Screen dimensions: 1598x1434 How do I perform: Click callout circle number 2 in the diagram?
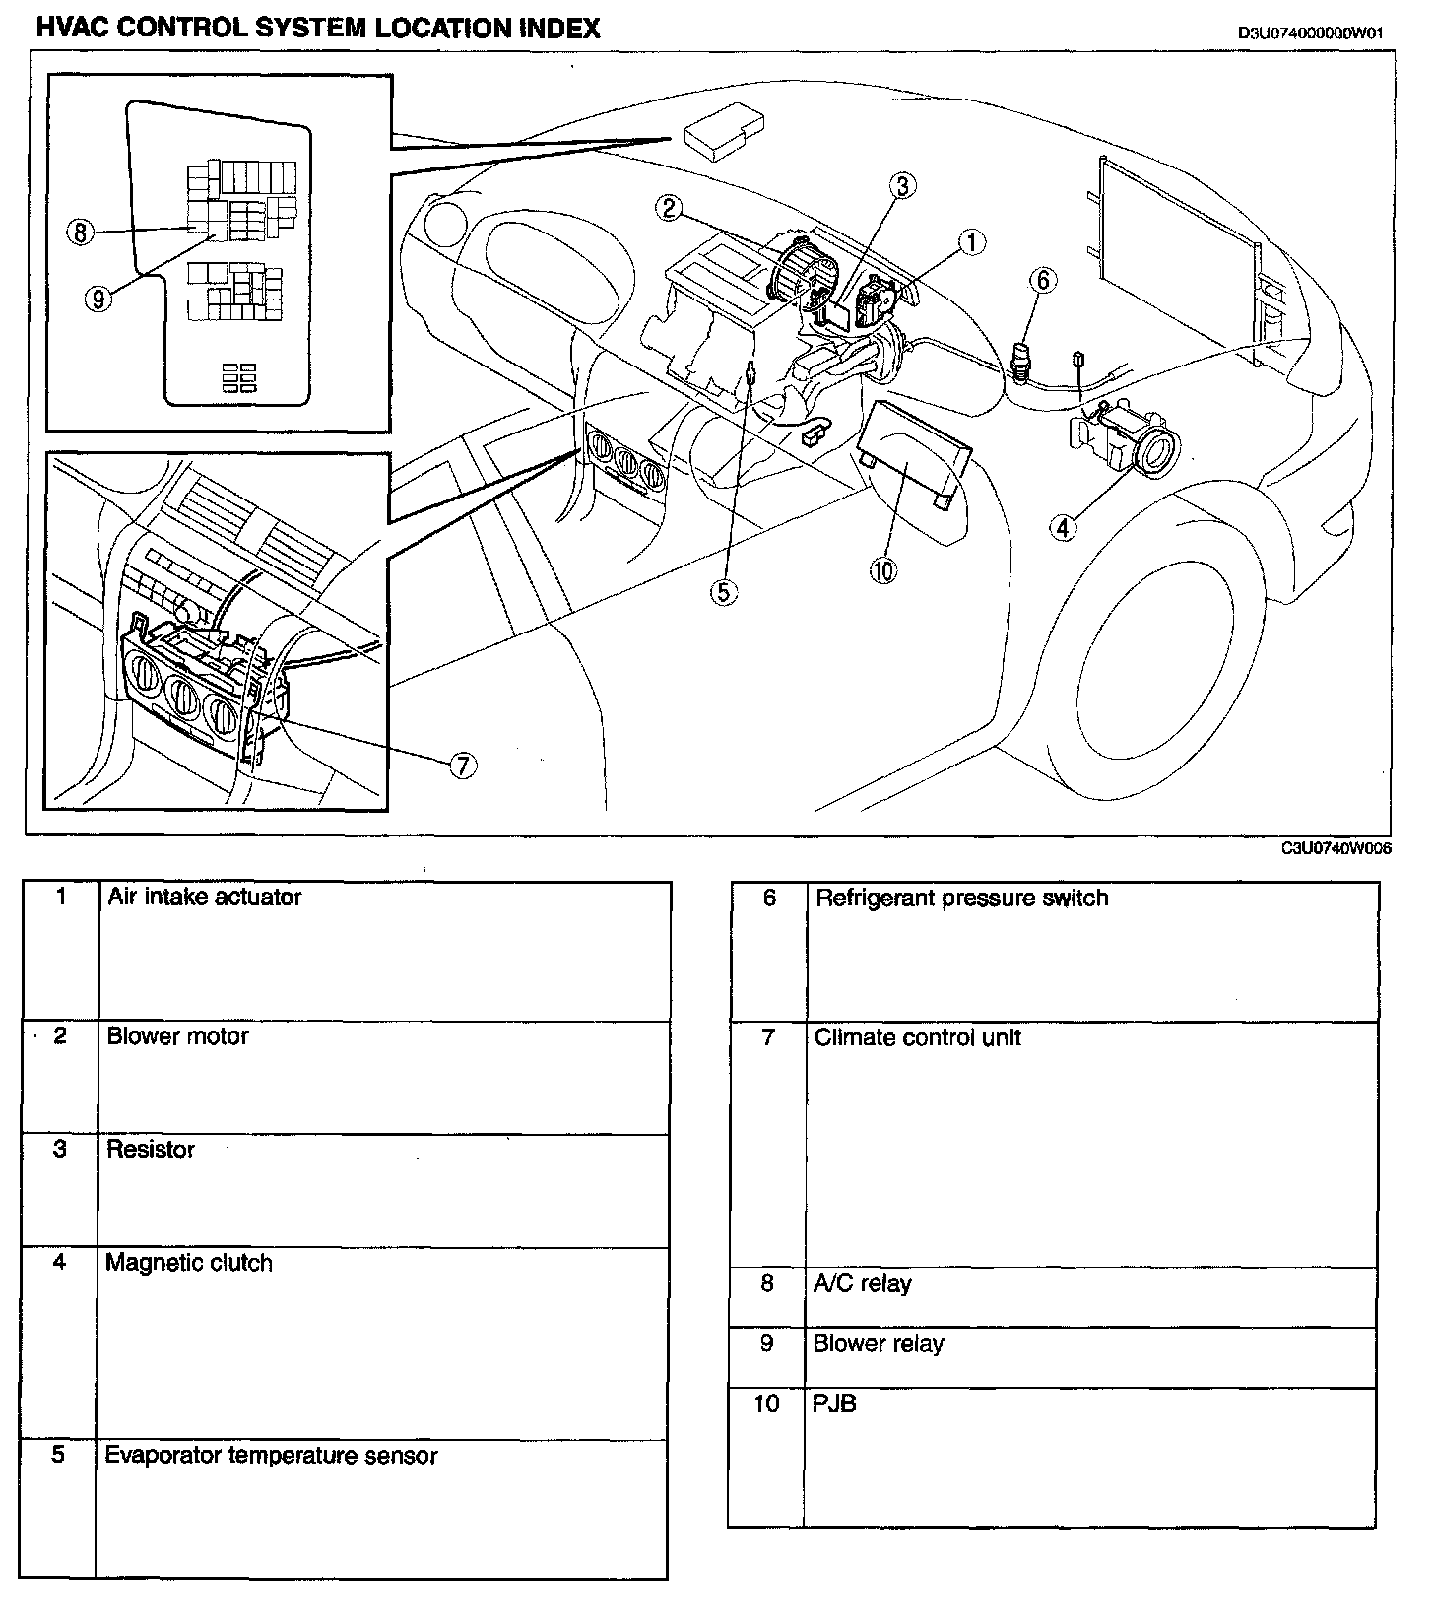point(669,208)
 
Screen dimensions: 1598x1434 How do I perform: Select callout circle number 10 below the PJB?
point(883,569)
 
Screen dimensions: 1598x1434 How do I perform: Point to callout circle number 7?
point(463,765)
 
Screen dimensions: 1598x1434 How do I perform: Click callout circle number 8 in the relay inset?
point(80,232)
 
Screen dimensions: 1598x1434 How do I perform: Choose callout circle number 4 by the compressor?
point(1063,528)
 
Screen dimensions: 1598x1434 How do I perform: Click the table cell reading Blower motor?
point(178,1036)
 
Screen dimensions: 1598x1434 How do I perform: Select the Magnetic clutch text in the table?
point(189,1263)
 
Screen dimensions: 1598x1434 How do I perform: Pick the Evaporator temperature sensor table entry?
point(271,1456)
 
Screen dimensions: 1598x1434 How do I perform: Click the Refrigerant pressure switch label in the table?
point(961,899)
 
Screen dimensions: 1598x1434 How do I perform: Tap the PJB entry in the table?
point(834,1403)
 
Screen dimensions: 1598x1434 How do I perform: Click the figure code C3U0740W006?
point(1336,848)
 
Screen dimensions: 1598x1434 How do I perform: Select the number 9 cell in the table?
point(766,1343)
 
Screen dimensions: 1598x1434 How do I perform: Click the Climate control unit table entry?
point(917,1037)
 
